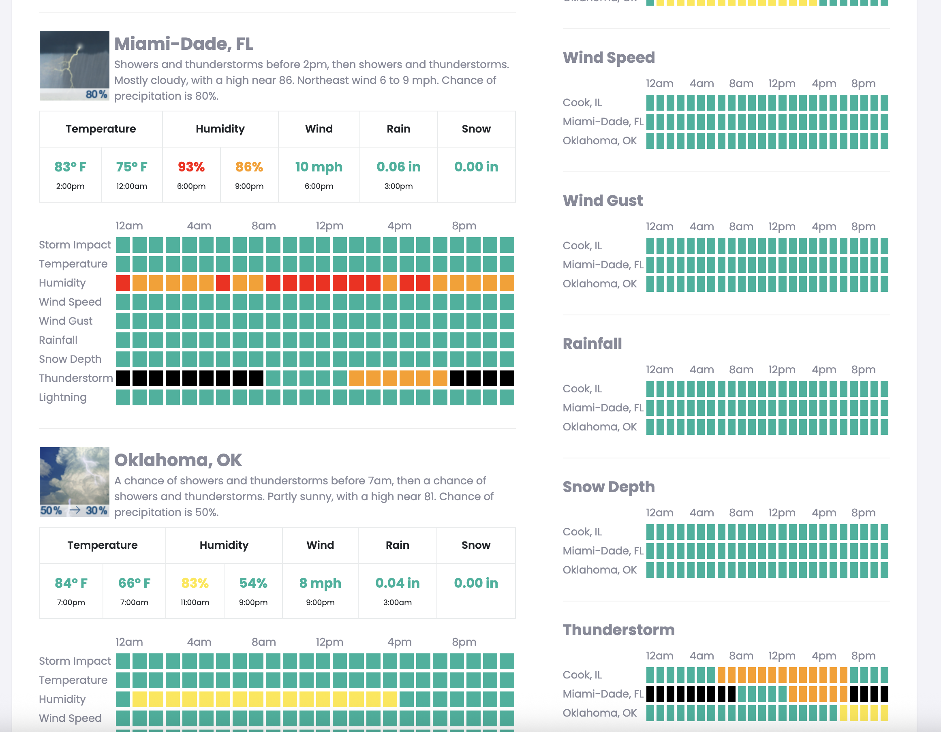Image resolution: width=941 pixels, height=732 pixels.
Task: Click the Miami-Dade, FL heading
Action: (184, 44)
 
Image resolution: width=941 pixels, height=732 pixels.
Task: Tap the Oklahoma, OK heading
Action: (178, 460)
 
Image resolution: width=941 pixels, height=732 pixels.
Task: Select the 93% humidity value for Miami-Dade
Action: (191, 167)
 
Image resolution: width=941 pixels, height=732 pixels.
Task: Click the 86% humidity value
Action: (249, 167)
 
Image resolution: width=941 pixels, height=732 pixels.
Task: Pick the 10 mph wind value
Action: (319, 167)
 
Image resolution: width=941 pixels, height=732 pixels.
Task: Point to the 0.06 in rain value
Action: (398, 167)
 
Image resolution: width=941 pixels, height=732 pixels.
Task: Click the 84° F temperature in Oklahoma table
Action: (71, 583)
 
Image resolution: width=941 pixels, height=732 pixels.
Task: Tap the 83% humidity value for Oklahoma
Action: (195, 583)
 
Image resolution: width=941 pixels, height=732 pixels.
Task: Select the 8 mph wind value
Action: (320, 583)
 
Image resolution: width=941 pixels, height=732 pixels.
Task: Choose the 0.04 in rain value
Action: (397, 583)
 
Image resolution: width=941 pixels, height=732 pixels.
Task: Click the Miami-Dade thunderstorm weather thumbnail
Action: (74, 66)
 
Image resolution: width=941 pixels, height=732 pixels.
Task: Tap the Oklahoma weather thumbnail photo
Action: (74, 481)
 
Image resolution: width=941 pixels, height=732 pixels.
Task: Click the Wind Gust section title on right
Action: (602, 200)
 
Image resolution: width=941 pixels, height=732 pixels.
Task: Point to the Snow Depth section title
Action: (608, 486)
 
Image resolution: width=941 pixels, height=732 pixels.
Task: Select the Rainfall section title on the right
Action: (592, 343)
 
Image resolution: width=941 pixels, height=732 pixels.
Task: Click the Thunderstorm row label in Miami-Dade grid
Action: (76, 378)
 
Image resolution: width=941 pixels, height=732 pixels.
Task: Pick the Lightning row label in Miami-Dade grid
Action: (63, 397)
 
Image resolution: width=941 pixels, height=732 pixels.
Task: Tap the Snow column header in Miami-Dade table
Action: (476, 129)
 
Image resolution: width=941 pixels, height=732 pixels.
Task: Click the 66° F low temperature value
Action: (134, 583)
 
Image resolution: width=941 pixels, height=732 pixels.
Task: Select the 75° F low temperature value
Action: (131, 167)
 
